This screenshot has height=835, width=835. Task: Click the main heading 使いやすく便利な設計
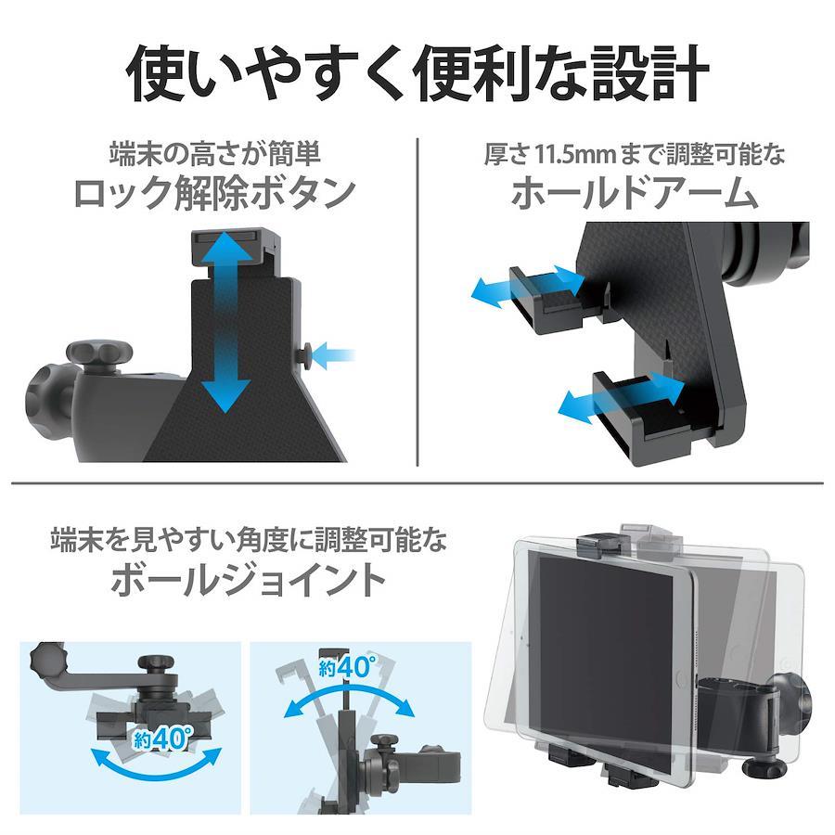(417, 73)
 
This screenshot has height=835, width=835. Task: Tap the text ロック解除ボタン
(215, 194)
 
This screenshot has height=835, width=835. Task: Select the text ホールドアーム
(635, 194)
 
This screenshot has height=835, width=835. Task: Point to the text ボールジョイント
(248, 580)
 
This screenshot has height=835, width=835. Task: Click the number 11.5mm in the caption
(574, 154)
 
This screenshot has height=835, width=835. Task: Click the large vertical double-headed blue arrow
(227, 322)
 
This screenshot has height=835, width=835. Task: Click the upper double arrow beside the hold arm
(528, 286)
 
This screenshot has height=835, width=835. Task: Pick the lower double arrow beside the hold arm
(621, 397)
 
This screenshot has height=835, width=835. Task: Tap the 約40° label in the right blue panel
(347, 667)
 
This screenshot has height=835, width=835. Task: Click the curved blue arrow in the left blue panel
(156, 768)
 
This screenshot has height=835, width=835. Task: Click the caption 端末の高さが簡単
(215, 154)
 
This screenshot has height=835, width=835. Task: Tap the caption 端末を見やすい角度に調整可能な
(249, 540)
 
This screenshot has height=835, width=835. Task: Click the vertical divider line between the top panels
(417, 302)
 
